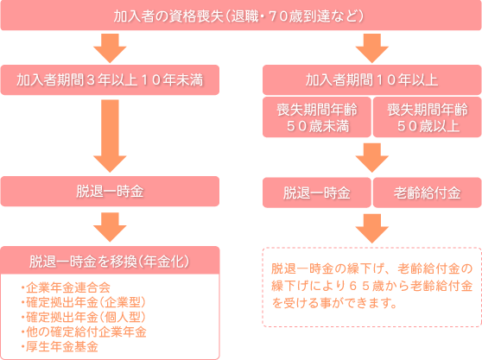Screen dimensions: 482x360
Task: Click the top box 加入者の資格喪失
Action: tap(241, 16)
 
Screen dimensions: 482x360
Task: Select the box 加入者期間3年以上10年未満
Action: tap(110, 80)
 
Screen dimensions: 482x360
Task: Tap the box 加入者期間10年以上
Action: tap(372, 80)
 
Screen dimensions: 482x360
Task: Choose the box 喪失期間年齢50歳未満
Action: tap(317, 117)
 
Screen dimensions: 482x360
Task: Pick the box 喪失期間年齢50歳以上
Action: tap(428, 117)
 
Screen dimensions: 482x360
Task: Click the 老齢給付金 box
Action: tap(428, 193)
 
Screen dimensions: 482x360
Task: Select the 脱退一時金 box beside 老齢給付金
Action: tap(317, 193)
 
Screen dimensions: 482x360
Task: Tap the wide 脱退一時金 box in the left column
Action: tap(110, 191)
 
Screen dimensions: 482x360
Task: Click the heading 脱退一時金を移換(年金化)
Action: tap(110, 261)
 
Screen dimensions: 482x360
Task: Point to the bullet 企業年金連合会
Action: tap(66, 287)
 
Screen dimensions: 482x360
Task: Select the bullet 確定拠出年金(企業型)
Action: tap(83, 302)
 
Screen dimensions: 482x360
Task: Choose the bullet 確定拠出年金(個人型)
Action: tap(83, 318)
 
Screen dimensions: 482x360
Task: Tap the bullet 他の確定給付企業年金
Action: tap(84, 332)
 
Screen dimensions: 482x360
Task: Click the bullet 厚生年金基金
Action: tap(60, 347)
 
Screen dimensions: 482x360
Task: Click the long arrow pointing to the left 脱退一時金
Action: tap(110, 136)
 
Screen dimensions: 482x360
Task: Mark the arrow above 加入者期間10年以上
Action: tap(372, 48)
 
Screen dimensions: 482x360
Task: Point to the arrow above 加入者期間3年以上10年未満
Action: tap(110, 48)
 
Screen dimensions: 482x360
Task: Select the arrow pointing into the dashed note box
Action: tap(372, 229)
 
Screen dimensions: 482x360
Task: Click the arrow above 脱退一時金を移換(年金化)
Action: tap(110, 227)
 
